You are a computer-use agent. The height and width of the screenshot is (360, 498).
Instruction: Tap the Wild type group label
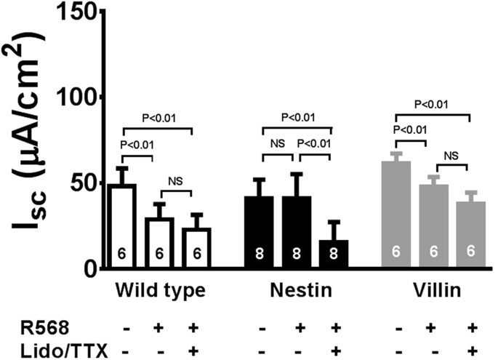[x=159, y=290]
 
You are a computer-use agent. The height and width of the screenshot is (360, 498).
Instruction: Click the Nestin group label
[x=297, y=290]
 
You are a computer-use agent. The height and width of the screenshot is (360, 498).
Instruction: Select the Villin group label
[x=433, y=290]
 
